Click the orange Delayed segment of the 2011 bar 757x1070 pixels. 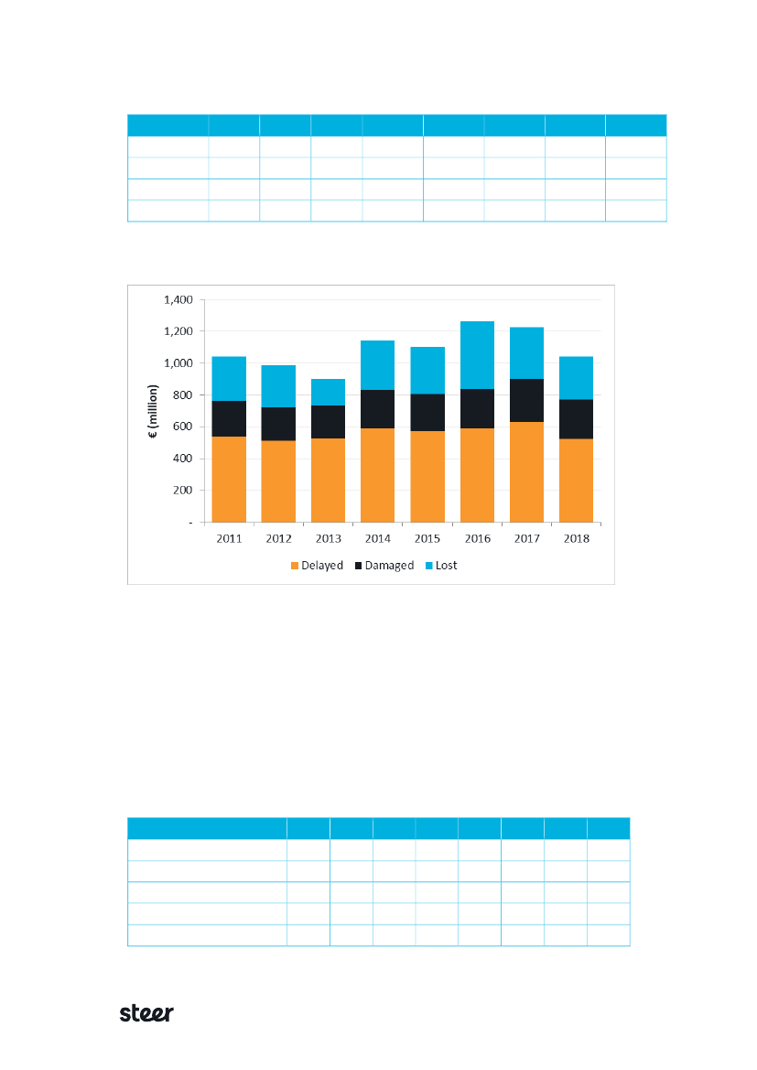pyautogui.click(x=229, y=479)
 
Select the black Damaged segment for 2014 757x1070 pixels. pyautogui.click(x=377, y=409)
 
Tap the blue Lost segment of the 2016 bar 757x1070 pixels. pyautogui.click(x=477, y=355)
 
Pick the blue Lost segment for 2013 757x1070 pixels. pyautogui.click(x=328, y=392)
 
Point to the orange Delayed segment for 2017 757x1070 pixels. pyautogui.click(x=526, y=471)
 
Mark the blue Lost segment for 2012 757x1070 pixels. pyautogui.click(x=278, y=386)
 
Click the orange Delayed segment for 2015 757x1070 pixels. pyautogui.click(x=427, y=476)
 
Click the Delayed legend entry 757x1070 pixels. pyautogui.click(x=317, y=566)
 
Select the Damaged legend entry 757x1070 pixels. pyautogui.click(x=384, y=566)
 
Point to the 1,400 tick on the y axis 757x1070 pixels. pyautogui.click(x=178, y=299)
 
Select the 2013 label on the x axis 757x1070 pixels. pyautogui.click(x=328, y=539)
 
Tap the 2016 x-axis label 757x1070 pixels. pyautogui.click(x=477, y=539)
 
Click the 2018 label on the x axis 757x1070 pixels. pyautogui.click(x=576, y=539)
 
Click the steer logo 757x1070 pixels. pyautogui.click(x=147, y=1013)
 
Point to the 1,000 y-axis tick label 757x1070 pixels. pyautogui.click(x=178, y=363)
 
